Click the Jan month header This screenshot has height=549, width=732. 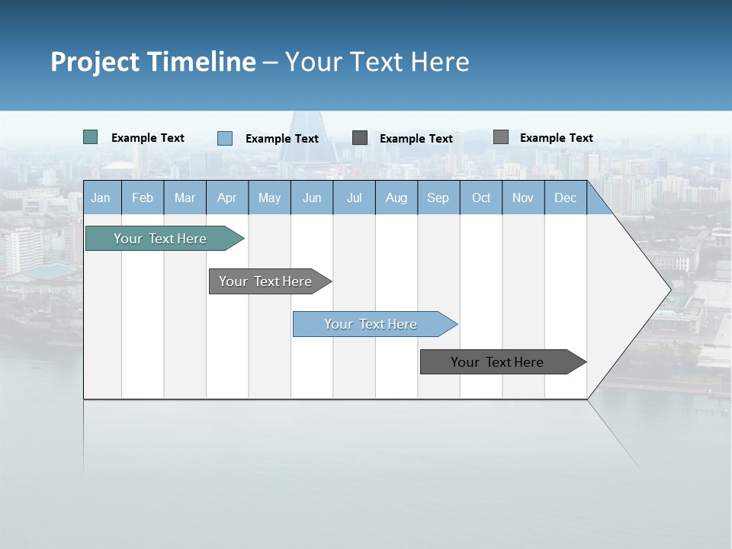(x=101, y=197)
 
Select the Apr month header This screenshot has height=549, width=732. (x=226, y=197)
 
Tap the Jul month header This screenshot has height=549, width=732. (x=354, y=197)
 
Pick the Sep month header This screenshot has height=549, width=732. (x=438, y=197)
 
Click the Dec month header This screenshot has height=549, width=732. (x=565, y=197)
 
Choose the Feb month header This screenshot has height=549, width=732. (x=143, y=197)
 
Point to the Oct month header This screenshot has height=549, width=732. (x=481, y=197)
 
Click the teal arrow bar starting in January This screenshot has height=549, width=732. (x=161, y=239)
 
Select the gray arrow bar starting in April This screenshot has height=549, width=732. (x=266, y=281)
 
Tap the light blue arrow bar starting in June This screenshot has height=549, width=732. (x=371, y=324)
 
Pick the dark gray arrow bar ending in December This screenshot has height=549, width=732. (x=498, y=362)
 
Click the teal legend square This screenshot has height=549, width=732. (x=91, y=137)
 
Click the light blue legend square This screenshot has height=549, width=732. (x=225, y=138)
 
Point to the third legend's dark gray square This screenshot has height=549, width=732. (x=360, y=138)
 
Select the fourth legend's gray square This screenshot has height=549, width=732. (x=501, y=137)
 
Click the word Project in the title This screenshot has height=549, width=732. (x=95, y=62)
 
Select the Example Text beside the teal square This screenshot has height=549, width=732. (x=148, y=138)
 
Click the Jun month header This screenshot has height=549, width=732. (x=312, y=197)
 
